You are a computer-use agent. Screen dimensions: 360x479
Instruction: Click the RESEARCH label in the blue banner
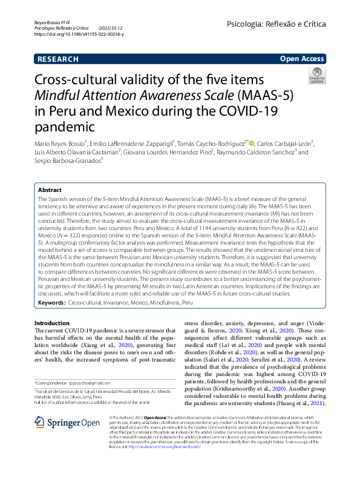click(x=57, y=59)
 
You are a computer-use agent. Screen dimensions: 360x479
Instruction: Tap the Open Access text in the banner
click(x=303, y=59)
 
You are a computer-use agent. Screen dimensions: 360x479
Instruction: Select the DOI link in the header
click(x=79, y=34)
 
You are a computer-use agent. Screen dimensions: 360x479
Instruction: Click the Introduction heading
click(x=53, y=323)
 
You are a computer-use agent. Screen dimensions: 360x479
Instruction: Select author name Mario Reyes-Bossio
click(x=59, y=144)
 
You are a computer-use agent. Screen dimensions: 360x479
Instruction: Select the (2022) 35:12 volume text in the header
click(x=110, y=28)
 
